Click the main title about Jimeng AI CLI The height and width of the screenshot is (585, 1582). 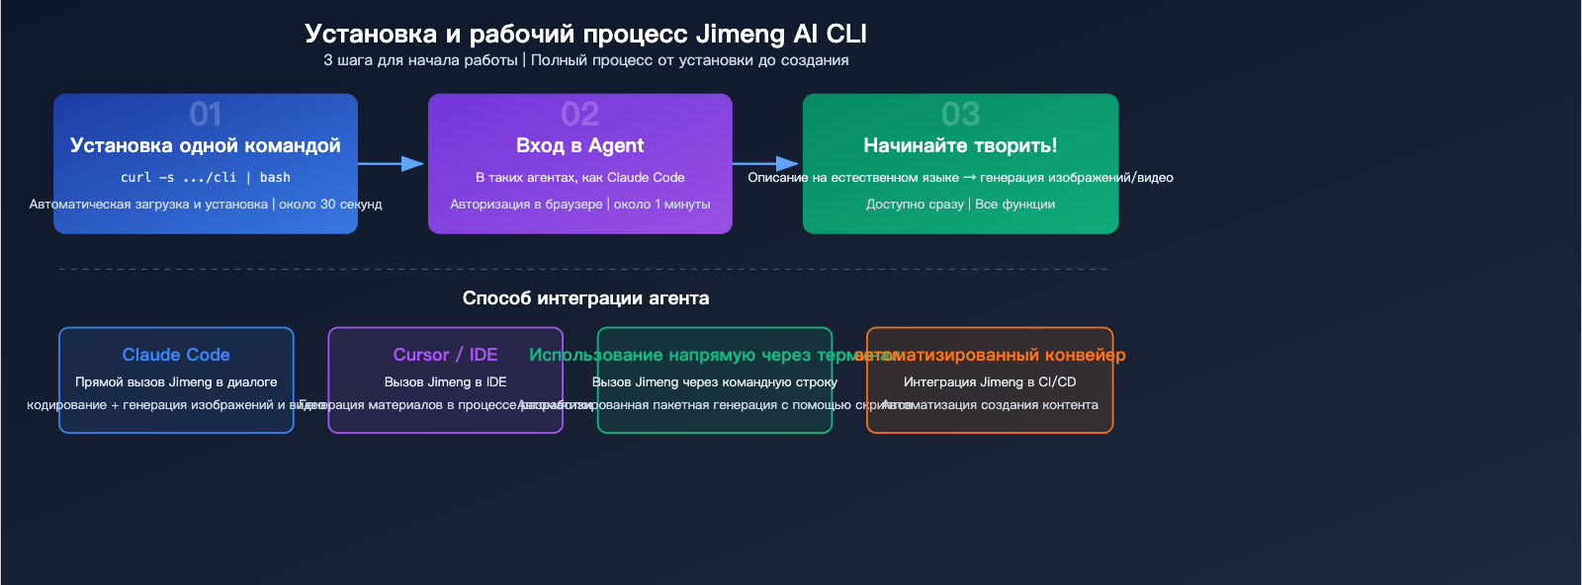(x=585, y=34)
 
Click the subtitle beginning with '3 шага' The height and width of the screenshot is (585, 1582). (x=585, y=60)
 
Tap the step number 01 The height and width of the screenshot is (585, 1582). (x=206, y=115)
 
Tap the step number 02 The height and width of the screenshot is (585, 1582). (x=579, y=115)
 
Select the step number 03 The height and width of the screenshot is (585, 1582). (x=960, y=115)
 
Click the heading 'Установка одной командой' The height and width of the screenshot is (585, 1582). (x=206, y=146)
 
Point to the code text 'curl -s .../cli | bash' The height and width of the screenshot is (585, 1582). (x=206, y=178)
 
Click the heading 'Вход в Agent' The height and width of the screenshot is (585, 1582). (x=579, y=146)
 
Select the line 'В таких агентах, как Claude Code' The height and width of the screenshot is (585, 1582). (x=579, y=178)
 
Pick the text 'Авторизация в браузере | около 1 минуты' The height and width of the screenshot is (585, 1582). (x=579, y=205)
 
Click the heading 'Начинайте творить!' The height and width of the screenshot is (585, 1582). (x=960, y=146)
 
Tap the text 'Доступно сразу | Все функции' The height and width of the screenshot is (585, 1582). (x=960, y=205)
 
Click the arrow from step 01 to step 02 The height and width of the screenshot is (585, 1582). (x=392, y=163)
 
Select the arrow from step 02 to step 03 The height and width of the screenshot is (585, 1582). (x=766, y=163)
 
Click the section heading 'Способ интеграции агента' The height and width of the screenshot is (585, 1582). (x=585, y=298)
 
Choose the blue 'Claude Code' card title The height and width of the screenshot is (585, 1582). (x=176, y=355)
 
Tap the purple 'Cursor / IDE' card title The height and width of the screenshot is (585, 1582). (x=445, y=355)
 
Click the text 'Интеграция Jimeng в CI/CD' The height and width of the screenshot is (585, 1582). (x=990, y=382)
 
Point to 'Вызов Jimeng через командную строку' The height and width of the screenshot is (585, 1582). (x=714, y=382)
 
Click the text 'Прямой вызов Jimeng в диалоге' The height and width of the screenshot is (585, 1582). (x=176, y=382)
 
